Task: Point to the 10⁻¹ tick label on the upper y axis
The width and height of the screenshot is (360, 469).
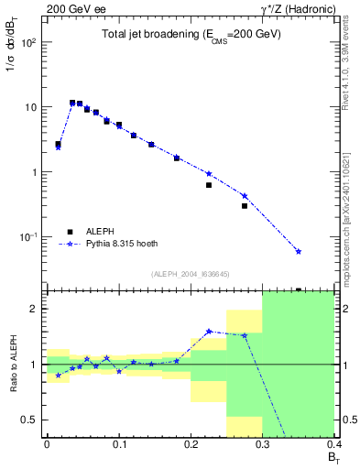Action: click(x=30, y=237)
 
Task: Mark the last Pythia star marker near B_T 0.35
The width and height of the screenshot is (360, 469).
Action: click(x=299, y=251)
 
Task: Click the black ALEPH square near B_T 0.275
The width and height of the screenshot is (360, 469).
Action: click(x=245, y=206)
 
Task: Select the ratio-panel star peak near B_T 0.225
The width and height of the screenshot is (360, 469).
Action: click(x=209, y=332)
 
